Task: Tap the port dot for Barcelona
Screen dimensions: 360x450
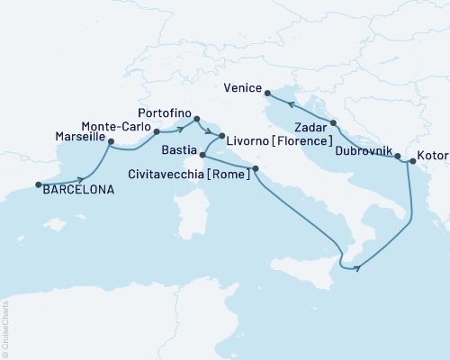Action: (39, 184)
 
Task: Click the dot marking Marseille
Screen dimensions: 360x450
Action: (111, 141)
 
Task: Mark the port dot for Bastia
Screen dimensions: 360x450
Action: (203, 156)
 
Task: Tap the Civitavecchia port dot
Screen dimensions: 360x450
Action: (256, 168)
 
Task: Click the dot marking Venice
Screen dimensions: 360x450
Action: (267, 90)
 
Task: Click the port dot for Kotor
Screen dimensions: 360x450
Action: (412, 162)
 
